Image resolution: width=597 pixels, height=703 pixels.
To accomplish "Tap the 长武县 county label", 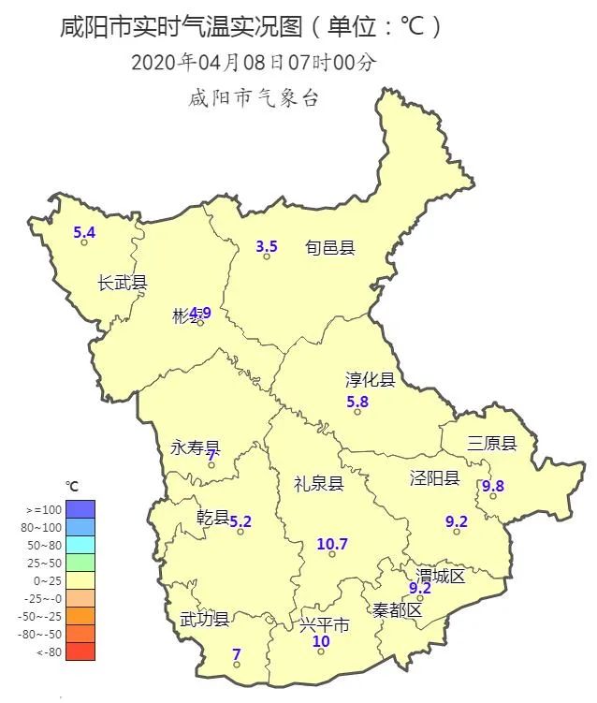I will [x=123, y=283].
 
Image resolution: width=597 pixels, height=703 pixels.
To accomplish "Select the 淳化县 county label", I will [x=371, y=380].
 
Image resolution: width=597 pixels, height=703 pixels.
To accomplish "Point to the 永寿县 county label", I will [x=196, y=448].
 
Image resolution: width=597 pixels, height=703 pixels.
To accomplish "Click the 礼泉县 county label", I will [x=318, y=484].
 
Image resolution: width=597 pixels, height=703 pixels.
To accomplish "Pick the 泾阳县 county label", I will [x=434, y=478].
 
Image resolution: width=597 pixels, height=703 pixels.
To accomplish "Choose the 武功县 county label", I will [x=204, y=620].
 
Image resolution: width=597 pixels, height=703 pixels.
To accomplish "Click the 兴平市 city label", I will [x=325, y=624].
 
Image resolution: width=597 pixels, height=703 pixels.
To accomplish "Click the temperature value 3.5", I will [x=267, y=247].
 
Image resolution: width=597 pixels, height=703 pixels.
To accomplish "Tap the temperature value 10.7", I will [x=332, y=544].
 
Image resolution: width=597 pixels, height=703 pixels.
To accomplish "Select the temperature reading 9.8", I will [x=492, y=486].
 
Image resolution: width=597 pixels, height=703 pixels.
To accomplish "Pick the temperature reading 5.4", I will [x=84, y=232].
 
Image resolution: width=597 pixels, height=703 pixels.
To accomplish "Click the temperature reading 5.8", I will [x=357, y=402].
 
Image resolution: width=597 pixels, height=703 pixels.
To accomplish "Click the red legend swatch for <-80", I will [x=80, y=652].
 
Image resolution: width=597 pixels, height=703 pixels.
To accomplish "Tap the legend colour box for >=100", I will [x=80, y=508].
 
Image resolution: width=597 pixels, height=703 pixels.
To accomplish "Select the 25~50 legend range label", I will [x=45, y=563].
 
